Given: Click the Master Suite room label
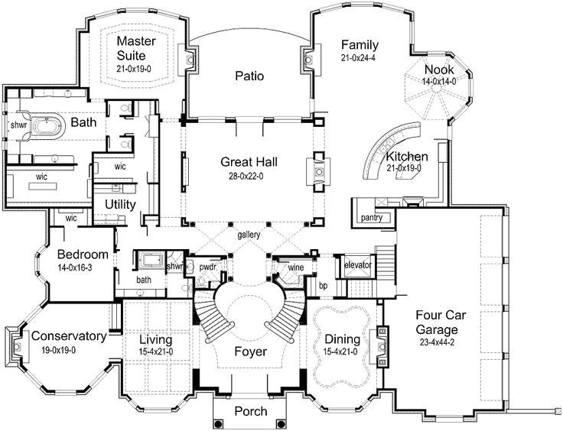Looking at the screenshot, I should coord(136,49).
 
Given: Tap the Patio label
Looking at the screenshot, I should coord(249,76).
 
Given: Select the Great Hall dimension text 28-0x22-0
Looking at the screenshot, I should coord(249,175).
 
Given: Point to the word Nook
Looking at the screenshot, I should coord(439,70).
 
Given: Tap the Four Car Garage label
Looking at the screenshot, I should coord(437,322).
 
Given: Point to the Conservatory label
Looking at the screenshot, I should coord(68,336).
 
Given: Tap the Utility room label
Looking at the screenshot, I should coord(120,205).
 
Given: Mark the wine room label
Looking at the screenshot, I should coord(295,267).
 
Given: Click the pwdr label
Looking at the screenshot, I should coord(207,267).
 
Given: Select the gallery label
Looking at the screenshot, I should coord(249,235).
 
